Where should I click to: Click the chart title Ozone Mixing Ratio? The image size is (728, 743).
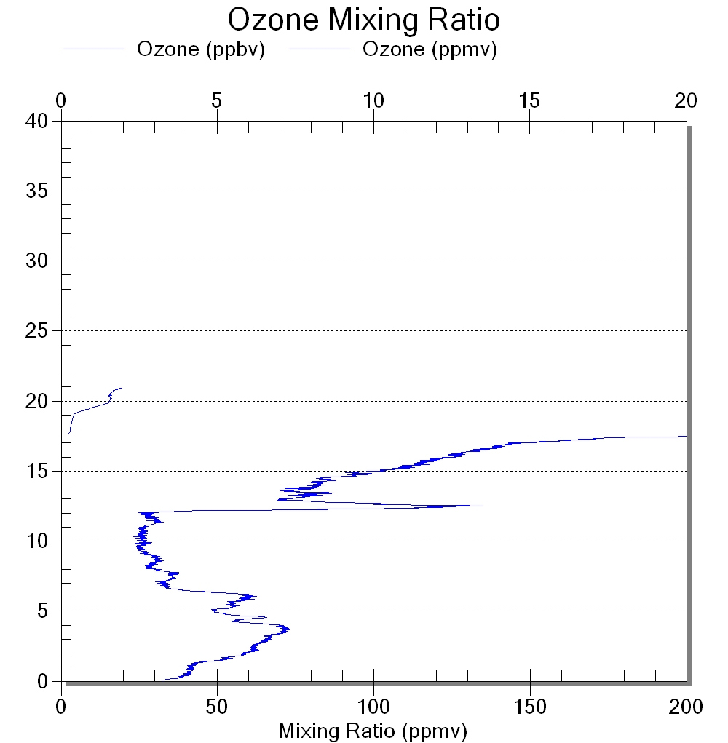coord(363,20)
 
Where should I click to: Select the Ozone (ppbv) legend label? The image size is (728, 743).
coord(201,49)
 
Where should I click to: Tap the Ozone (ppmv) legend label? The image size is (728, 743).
coord(430,49)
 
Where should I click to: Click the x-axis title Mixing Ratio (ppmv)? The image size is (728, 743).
coord(373,731)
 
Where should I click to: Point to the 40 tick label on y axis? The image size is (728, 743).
coord(36,122)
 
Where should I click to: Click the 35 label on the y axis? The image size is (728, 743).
coord(36,191)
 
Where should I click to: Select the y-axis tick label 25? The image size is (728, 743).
coord(36,331)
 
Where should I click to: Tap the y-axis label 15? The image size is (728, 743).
coord(36,471)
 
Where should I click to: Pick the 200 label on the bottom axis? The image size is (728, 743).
coord(686,707)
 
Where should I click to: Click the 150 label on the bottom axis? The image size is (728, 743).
coord(530,707)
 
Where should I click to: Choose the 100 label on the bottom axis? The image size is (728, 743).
coord(373,707)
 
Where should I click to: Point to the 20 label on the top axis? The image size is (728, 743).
coord(686,100)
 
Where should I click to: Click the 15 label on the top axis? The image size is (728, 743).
coord(529,100)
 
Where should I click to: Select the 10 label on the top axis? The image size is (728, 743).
coord(373,100)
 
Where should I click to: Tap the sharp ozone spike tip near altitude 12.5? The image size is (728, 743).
coord(483,506)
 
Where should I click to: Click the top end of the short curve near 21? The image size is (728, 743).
coord(122,388)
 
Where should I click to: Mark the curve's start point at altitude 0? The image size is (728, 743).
coord(162,680)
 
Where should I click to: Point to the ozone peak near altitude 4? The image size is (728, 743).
coord(289,629)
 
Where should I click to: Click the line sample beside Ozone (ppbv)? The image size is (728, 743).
coord(94,49)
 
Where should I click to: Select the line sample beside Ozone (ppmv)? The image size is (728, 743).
coord(320,49)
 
